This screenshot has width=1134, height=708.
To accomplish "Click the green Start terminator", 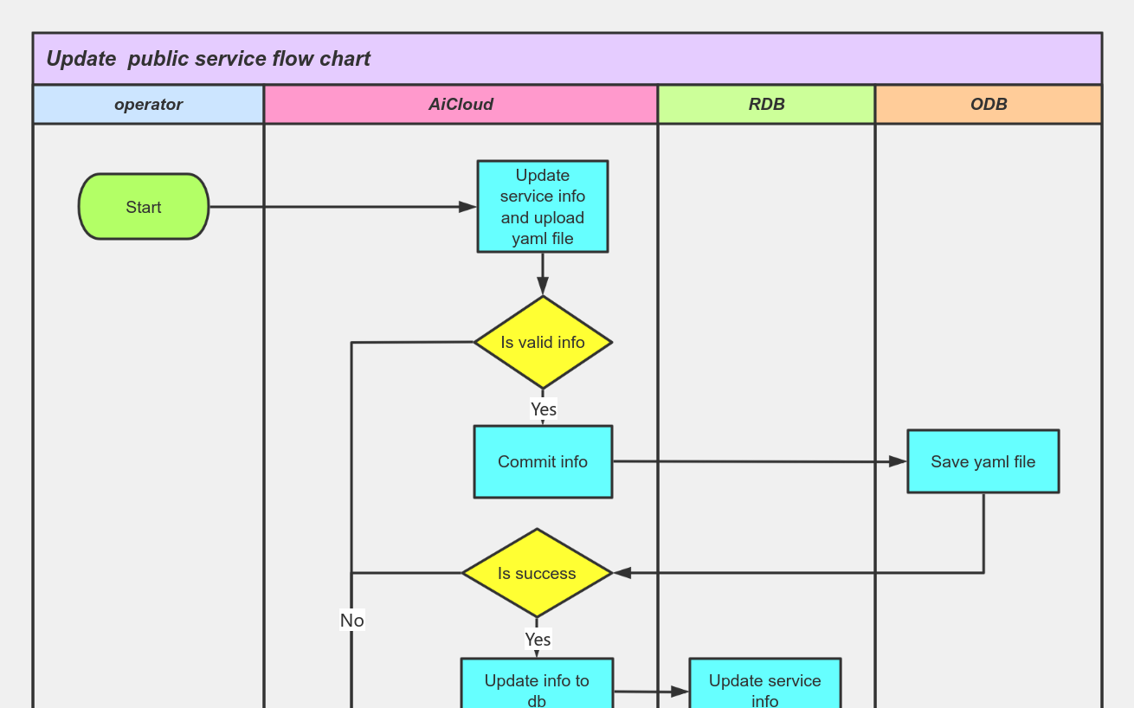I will pos(144,207).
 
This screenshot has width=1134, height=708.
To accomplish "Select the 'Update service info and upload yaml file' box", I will pos(543,207).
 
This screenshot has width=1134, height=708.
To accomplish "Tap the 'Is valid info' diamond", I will pos(543,343).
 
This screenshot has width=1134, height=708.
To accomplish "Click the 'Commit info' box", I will pos(543,461).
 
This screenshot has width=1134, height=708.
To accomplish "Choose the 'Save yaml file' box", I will pos(983,461).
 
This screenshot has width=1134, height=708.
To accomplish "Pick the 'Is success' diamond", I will pos(537,573).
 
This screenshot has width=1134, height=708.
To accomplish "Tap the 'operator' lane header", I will pos(148,105).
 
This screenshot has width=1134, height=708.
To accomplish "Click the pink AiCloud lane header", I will pos(461,105).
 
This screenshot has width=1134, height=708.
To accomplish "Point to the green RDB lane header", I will pos(766,105).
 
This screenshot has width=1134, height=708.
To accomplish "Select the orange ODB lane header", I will pos(989,105).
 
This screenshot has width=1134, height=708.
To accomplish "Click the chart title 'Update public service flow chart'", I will pos(209,59).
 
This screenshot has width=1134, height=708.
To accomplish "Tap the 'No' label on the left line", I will pos(351,621).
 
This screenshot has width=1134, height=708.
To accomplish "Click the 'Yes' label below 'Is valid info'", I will pos(543,409).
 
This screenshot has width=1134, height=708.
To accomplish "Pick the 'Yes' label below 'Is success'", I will pos(538,640).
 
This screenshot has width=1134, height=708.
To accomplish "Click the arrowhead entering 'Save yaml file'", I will pos(898,462).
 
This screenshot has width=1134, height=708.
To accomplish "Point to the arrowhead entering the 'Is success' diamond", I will pos(622,573).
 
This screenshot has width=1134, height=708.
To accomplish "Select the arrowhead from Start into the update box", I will pos(467,207).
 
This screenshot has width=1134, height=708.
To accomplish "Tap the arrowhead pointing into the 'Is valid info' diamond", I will pos(543,286).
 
